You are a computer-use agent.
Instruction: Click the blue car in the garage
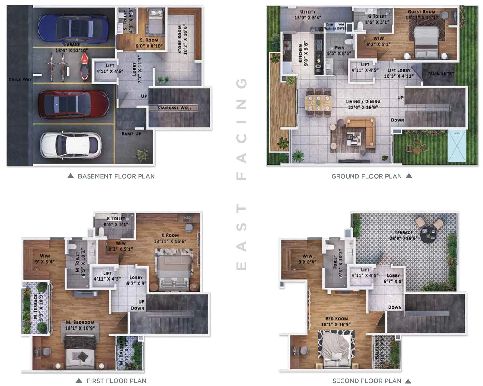click(73, 28)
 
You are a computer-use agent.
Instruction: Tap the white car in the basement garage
click(71, 145)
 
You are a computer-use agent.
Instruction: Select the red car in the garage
click(74, 104)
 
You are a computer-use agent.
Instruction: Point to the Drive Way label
click(20, 79)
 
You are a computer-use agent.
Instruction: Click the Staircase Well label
click(174, 108)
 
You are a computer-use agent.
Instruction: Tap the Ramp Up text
click(131, 133)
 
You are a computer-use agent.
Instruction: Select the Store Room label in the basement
click(182, 40)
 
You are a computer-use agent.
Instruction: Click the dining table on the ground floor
click(318, 103)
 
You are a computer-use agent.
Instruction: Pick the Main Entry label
click(441, 73)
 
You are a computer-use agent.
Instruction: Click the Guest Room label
click(421, 12)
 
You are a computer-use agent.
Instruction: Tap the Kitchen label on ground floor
click(300, 53)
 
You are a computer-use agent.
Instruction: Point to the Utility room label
click(308, 12)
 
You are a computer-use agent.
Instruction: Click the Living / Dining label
click(363, 102)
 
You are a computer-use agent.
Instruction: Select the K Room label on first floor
click(170, 235)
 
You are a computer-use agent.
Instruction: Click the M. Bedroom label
click(80, 322)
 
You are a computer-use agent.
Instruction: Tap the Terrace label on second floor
click(404, 233)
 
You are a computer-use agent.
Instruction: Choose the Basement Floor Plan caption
click(116, 176)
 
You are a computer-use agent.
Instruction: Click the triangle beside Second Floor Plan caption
click(408, 381)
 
